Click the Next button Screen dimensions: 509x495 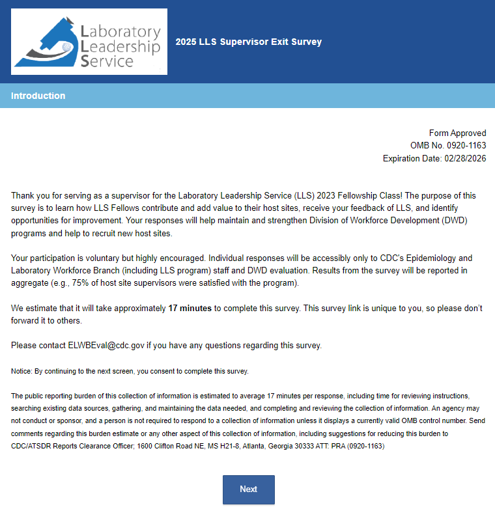(x=248, y=489)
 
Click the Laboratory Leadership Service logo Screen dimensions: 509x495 (x=89, y=42)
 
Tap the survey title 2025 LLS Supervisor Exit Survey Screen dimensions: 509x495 (x=248, y=42)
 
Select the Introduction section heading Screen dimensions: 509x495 (x=38, y=96)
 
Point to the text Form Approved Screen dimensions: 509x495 (x=457, y=133)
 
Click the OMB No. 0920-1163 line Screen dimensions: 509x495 (x=448, y=146)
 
